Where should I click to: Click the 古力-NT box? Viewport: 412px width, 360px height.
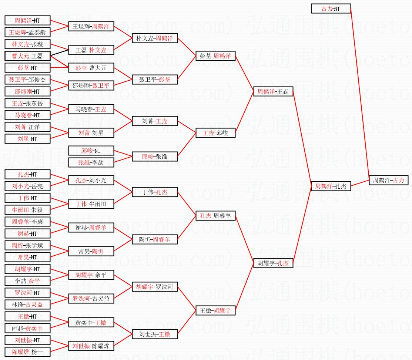click(x=331, y=9)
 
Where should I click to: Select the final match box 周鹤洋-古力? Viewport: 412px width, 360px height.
click(x=388, y=180)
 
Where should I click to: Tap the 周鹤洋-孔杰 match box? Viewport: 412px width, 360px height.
click(x=331, y=186)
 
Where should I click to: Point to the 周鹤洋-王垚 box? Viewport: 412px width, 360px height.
click(x=273, y=91)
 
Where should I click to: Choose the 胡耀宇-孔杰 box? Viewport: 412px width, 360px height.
click(x=273, y=263)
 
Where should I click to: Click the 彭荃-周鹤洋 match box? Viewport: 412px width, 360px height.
click(x=215, y=56)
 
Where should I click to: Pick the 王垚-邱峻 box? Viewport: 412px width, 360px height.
click(x=215, y=133)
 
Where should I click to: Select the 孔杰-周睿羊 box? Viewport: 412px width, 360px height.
click(x=215, y=216)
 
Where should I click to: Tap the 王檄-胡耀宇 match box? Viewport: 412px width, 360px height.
click(x=215, y=310)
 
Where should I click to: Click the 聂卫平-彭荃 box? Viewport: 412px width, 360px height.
click(x=155, y=80)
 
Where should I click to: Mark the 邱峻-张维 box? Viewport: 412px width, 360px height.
click(x=155, y=157)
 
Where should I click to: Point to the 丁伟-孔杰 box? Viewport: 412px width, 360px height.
click(x=155, y=192)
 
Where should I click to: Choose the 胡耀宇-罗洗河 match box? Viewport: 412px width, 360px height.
click(x=155, y=287)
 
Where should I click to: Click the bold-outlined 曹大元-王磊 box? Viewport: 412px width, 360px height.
click(x=27, y=56)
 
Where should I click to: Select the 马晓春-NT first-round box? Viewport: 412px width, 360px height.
click(x=27, y=115)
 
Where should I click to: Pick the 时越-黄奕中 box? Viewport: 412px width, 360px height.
click(x=27, y=328)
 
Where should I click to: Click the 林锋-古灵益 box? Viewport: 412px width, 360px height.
click(x=27, y=305)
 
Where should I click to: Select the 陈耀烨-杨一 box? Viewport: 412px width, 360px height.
click(x=27, y=352)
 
